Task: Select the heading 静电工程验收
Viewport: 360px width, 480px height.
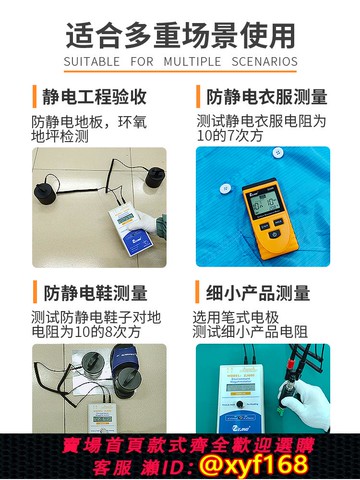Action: pyautogui.click(x=95, y=97)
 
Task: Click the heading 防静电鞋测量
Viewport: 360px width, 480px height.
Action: pyautogui.click(x=95, y=293)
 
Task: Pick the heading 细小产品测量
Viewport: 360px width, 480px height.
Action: pyautogui.click(x=258, y=293)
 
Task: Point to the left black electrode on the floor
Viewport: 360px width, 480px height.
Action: pyautogui.click(x=50, y=192)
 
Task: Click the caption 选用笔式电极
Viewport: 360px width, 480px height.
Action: pyautogui.click(x=241, y=318)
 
